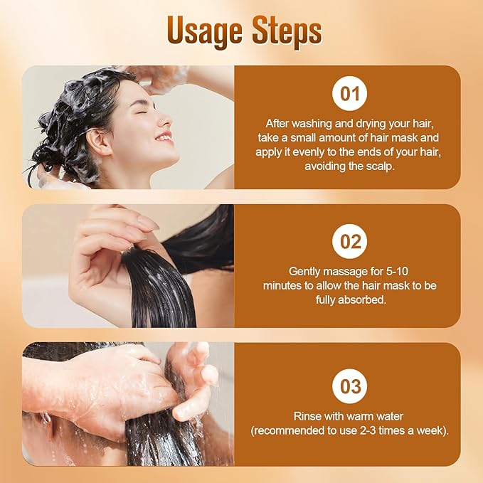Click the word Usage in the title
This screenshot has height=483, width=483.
[206, 31]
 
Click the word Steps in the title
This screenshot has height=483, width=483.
[285, 31]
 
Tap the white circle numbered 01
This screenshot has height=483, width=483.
[350, 94]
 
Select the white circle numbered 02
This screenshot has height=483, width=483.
[350, 241]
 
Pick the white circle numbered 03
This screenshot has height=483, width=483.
[350, 387]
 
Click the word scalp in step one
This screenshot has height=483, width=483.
[382, 166]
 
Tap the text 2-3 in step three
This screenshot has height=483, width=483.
[373, 431]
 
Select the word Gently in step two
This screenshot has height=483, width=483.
[304, 271]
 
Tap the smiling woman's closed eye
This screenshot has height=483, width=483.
[148, 112]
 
